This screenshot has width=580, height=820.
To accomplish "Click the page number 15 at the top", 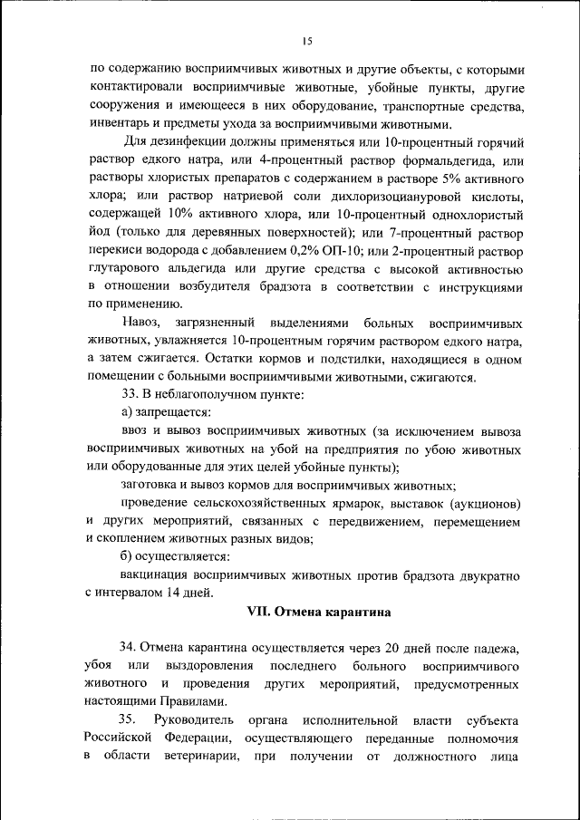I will pyautogui.click(x=307, y=41).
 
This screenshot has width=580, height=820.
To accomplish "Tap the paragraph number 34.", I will pyautogui.click(x=128, y=648).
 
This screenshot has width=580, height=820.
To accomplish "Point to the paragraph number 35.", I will pyautogui.click(x=128, y=720).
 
